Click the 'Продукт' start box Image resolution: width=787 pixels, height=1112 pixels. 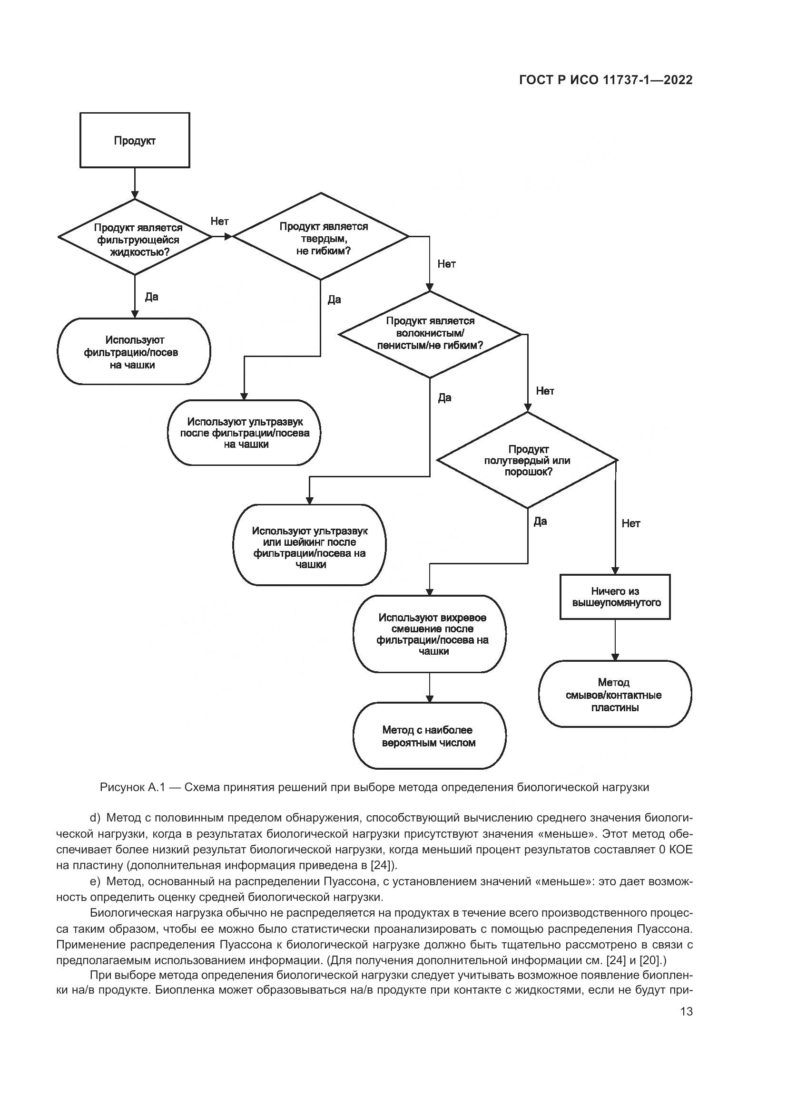[x=135, y=140]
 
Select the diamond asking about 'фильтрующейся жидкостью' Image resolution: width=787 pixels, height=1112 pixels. [x=135, y=237]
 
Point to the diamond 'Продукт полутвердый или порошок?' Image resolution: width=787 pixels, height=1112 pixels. [x=527, y=460]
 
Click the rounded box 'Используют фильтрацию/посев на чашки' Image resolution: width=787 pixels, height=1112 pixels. [x=134, y=352]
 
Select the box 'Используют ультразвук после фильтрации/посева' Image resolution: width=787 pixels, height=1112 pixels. [x=245, y=433]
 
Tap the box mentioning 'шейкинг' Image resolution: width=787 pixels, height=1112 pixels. [x=310, y=545]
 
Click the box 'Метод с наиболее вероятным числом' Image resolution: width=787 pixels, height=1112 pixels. [x=429, y=735]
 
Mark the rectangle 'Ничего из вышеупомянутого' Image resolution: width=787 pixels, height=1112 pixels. [x=615, y=597]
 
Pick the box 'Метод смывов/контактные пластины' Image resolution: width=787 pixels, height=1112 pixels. [x=615, y=695]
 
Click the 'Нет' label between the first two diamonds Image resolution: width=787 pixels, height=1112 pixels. [x=219, y=222]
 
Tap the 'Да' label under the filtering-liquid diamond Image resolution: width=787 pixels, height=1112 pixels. [x=152, y=296]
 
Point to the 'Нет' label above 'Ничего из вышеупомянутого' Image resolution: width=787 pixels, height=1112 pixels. [x=631, y=523]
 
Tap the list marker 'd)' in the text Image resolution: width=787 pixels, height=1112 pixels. [x=95, y=818]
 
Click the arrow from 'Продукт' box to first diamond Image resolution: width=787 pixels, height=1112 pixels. [x=135, y=183]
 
